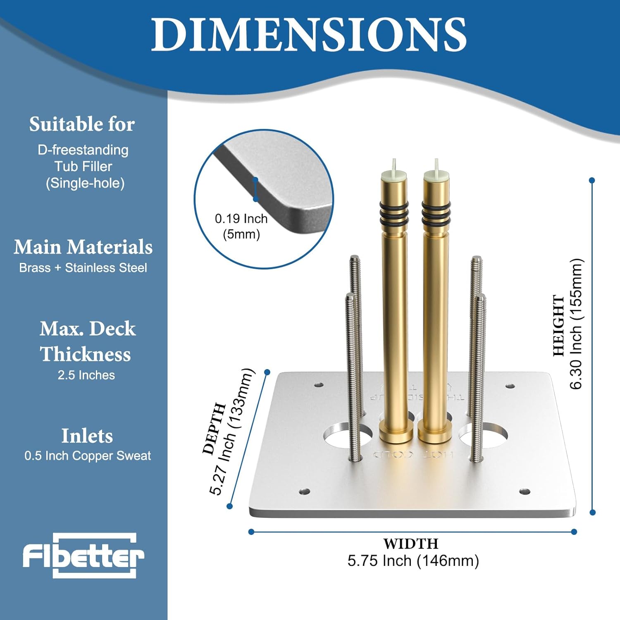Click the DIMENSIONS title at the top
point(309,35)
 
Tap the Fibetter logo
point(83,556)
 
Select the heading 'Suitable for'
point(82,124)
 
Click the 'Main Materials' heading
point(83,247)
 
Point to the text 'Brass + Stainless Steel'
point(83,268)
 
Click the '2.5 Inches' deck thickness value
point(86,375)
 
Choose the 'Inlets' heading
point(87,436)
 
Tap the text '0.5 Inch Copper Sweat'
point(88,456)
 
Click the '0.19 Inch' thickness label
point(241,219)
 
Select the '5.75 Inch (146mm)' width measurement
point(413,561)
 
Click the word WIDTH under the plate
point(410,544)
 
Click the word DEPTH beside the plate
point(214,428)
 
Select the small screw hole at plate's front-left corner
point(305,491)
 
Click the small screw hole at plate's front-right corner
point(525,492)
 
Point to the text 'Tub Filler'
point(83,167)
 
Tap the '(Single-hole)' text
point(85,183)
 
